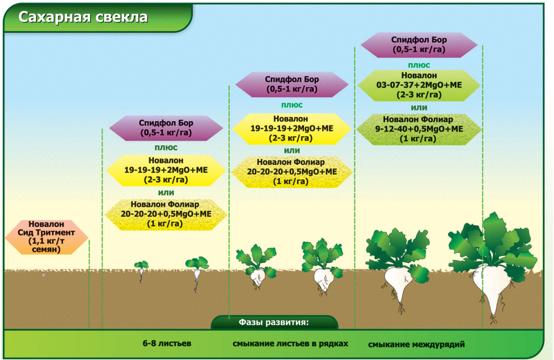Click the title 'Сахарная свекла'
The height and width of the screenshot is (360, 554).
pyautogui.click(x=83, y=17)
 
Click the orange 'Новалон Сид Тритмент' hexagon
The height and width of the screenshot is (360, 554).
pyautogui.click(x=47, y=237)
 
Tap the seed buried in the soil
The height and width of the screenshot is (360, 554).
pyautogui.click(x=44, y=275)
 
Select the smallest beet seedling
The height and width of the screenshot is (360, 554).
pyautogui.click(x=141, y=271)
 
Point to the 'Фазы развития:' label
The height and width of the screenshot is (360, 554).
pyautogui.click(x=274, y=322)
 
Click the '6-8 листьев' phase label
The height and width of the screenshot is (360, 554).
pyautogui.click(x=167, y=343)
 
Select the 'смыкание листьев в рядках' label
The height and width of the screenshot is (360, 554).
pyautogui.click(x=290, y=343)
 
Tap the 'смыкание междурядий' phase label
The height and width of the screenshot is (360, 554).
pyautogui.click(x=417, y=344)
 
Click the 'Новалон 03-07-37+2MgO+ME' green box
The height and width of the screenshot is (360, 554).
pyautogui.click(x=419, y=85)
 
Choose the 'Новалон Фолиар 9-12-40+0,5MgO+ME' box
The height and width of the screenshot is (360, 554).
pyautogui.click(x=419, y=129)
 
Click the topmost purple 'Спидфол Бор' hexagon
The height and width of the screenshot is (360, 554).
pyautogui.click(x=419, y=45)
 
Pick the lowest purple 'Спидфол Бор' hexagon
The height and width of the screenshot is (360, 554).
pyautogui.click(x=166, y=128)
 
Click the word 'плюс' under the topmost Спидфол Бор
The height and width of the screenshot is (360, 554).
pyautogui.click(x=419, y=65)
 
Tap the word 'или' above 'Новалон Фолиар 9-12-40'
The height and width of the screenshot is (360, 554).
pyautogui.click(x=419, y=107)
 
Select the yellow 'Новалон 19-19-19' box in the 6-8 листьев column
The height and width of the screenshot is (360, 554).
pyautogui.click(x=166, y=170)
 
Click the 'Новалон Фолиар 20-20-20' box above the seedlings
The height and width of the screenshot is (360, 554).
pyautogui.click(x=166, y=215)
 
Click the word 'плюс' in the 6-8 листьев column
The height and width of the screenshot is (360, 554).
pyautogui.click(x=166, y=148)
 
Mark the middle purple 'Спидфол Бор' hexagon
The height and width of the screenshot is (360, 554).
pyautogui.click(x=292, y=84)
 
